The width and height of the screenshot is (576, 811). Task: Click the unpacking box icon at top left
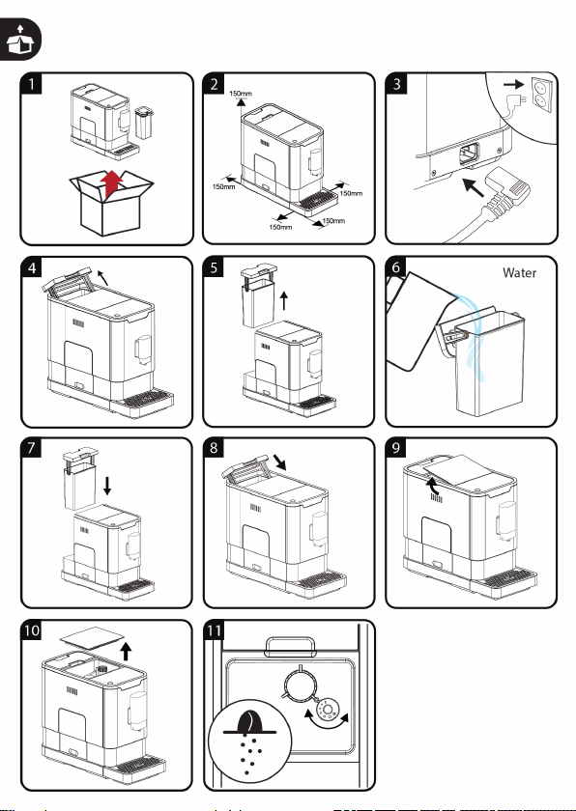click(x=19, y=40)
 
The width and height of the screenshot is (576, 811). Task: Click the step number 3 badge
click(x=397, y=83)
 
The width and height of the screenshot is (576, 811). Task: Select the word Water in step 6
click(x=519, y=272)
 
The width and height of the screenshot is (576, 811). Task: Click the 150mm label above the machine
click(x=240, y=94)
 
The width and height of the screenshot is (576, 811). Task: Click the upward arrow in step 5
click(x=283, y=300)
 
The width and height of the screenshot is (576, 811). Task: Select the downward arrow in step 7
click(x=107, y=486)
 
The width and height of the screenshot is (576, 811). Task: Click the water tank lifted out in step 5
click(x=258, y=295)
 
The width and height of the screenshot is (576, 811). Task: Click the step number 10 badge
click(x=32, y=630)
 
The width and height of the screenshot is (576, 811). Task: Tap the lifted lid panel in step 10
click(x=93, y=635)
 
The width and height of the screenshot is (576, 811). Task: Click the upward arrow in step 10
click(x=126, y=651)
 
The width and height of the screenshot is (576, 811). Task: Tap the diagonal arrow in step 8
click(x=278, y=461)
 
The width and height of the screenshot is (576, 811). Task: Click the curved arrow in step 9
click(x=431, y=484)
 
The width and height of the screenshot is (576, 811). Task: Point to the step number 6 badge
click(x=396, y=266)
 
